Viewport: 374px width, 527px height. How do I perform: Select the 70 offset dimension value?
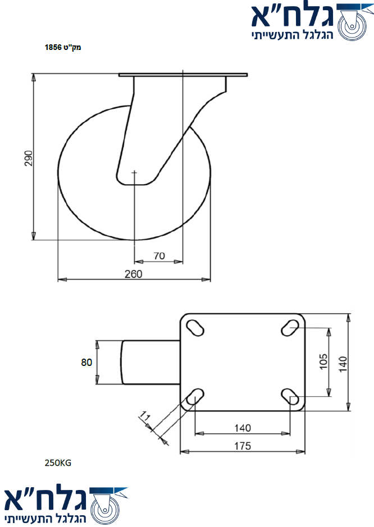point(159,256)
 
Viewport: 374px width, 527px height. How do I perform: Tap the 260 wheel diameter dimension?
point(134,274)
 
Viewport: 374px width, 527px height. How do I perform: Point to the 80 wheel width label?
point(86,362)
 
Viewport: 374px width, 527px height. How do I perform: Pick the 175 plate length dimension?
point(243,446)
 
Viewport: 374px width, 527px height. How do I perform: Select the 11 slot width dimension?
point(145,416)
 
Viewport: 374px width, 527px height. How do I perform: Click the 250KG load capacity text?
point(58,463)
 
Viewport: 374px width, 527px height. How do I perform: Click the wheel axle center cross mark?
point(134,173)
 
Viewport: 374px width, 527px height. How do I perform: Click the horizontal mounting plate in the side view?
point(183,75)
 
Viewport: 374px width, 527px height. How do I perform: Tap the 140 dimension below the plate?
point(243,428)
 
